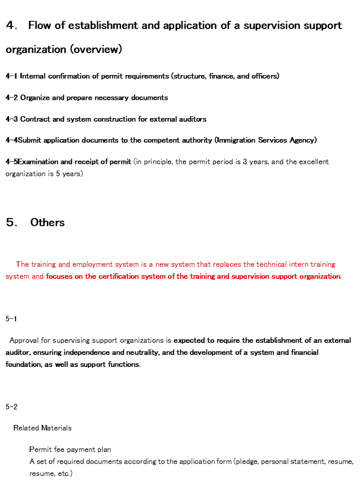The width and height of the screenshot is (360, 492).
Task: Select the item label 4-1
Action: click(x=11, y=76)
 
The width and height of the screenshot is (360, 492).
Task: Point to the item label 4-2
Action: click(x=11, y=98)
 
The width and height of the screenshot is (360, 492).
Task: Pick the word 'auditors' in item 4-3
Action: click(x=191, y=119)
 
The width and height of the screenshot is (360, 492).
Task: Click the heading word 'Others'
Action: click(x=47, y=223)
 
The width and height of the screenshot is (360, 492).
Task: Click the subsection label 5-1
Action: click(x=11, y=319)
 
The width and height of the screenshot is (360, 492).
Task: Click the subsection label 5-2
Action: click(x=11, y=407)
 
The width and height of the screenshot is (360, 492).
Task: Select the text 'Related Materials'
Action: click(x=42, y=428)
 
